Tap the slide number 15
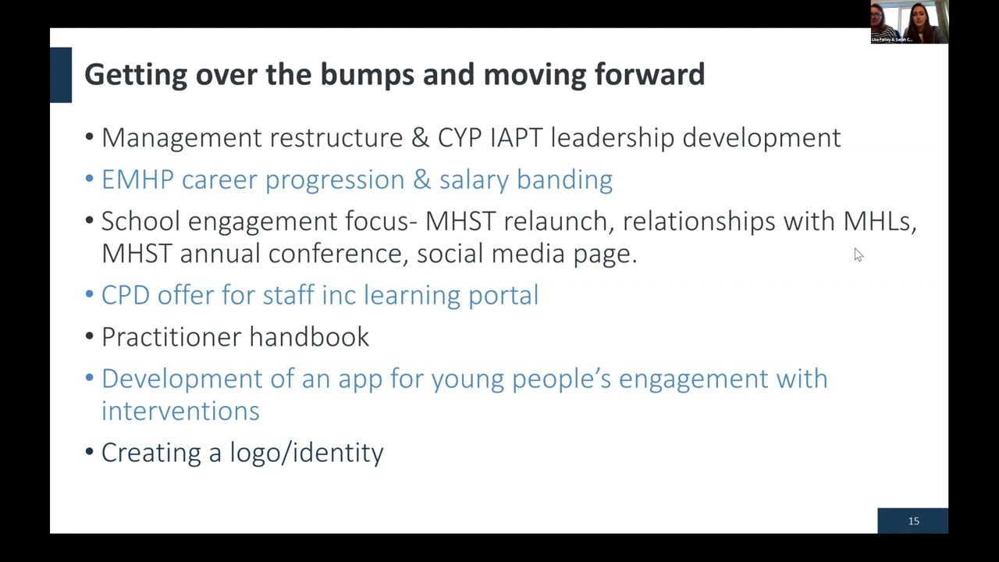[x=913, y=521]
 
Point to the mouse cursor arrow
[x=858, y=254]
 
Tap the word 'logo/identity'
[x=306, y=453]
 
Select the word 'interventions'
[x=180, y=411]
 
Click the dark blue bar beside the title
[x=61, y=75]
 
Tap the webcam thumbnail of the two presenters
[x=909, y=22]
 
